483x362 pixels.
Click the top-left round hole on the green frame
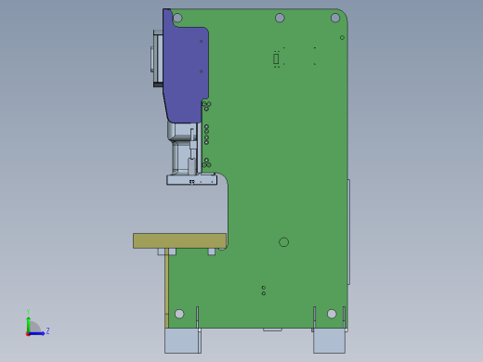178,17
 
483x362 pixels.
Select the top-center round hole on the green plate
280,18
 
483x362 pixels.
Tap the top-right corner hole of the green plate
335,18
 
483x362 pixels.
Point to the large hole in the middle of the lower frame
283,242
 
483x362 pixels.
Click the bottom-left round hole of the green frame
179,314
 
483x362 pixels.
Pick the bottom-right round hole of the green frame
332,314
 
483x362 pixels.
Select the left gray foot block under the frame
182,341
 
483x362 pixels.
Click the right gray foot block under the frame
329,341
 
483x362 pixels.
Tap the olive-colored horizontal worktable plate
179,240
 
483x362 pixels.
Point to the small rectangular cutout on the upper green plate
276,58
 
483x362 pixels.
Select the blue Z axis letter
47,330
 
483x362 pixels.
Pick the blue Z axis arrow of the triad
39,332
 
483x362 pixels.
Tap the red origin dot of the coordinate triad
29,332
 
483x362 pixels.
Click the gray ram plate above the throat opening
191,180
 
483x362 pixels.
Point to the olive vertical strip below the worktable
166,283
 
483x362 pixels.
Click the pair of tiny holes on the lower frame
264,291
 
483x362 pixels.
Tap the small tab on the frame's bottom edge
272,329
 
